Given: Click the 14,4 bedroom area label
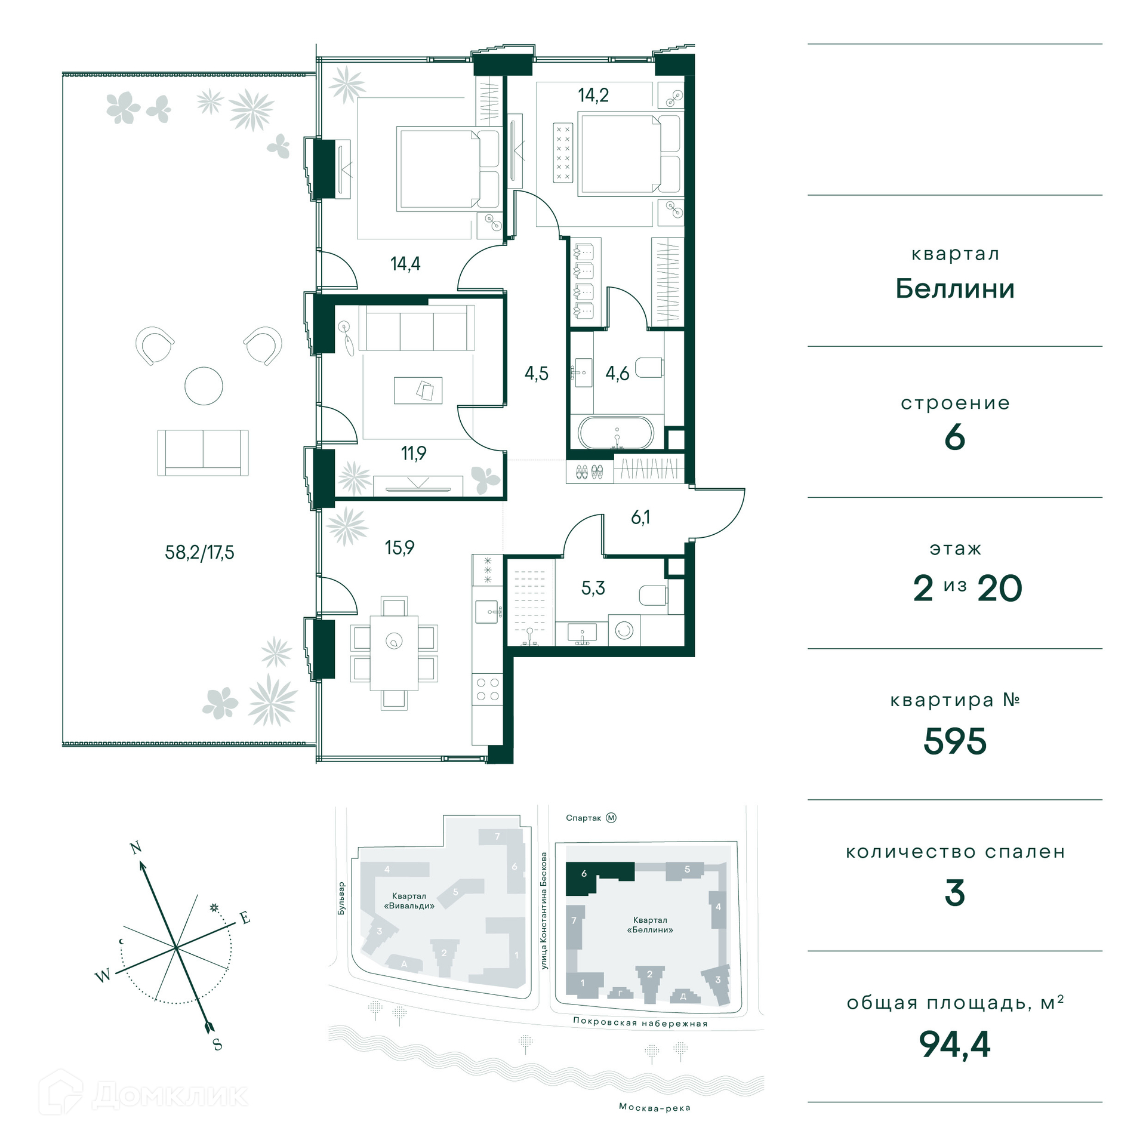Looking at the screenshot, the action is click(x=405, y=263).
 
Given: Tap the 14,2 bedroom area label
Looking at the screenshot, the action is click(x=593, y=95).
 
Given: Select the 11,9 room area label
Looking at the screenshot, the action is click(x=414, y=453).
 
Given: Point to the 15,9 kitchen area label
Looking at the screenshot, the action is click(x=399, y=547).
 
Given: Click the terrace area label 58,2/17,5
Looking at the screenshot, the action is click(x=199, y=552).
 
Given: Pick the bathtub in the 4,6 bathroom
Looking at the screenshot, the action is click(x=616, y=432).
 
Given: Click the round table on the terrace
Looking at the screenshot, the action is click(x=204, y=386).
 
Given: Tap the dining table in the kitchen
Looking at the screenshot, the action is click(x=394, y=652).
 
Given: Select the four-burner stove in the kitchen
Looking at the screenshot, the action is click(x=488, y=689).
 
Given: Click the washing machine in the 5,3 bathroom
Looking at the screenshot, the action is click(x=624, y=631).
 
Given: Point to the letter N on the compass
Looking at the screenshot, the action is click(x=136, y=847).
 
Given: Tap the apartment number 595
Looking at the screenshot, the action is click(x=955, y=741).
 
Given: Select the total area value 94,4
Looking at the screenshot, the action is click(x=954, y=1044).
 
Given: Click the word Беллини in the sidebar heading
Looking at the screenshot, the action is click(x=955, y=289).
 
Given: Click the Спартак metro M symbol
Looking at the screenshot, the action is click(x=611, y=818).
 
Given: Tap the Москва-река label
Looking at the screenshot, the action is click(x=655, y=1107).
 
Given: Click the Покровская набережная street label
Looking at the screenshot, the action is click(x=640, y=1022).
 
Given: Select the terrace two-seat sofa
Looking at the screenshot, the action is click(x=203, y=452).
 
